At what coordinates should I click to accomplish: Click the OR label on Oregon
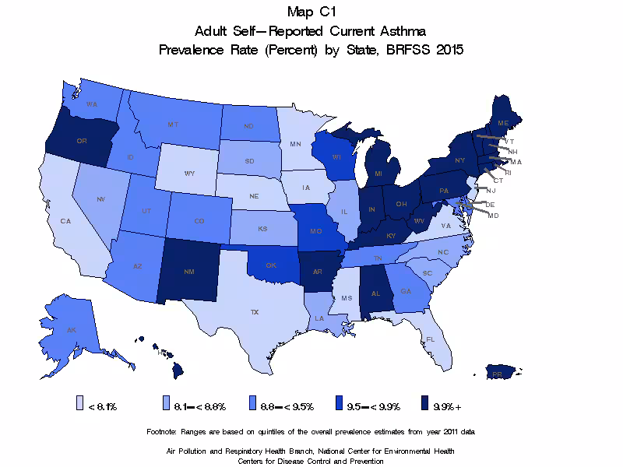(81, 141)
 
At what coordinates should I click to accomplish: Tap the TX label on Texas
(254, 312)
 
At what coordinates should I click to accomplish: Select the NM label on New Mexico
(188, 273)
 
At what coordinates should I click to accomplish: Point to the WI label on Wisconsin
(336, 158)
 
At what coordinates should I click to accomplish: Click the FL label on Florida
(430, 340)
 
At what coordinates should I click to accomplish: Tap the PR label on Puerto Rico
(496, 374)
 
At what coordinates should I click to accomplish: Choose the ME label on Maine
(504, 124)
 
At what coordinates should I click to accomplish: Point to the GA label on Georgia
(406, 291)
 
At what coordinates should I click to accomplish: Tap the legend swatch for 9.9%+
(425, 405)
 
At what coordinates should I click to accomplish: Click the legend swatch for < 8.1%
(80, 405)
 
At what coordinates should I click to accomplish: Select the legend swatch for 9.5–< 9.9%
(339, 405)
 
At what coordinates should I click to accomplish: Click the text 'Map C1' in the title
(311, 12)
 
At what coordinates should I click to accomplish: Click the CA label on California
(65, 221)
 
